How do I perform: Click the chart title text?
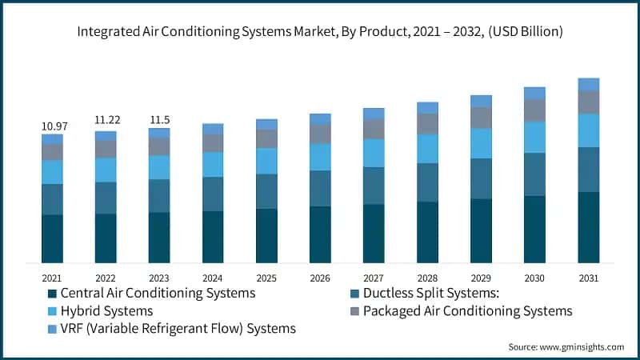pos(320,33)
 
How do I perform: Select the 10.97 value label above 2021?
pos(53,126)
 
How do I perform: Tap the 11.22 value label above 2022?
pos(106,120)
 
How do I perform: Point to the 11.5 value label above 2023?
pos(159,120)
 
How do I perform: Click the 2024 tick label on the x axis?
pos(213,278)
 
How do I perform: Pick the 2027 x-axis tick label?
pos(374,278)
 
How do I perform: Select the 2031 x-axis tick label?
pos(588,278)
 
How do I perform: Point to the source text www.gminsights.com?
pos(566,346)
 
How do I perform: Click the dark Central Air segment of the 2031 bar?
pos(589,227)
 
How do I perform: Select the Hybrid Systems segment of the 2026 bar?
pos(320,157)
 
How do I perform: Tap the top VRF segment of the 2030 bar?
pos(534,93)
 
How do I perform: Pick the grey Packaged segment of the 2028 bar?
pos(427,124)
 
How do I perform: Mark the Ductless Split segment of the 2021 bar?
pos(53,199)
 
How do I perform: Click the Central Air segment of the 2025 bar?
pos(266,236)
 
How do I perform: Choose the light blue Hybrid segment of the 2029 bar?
pos(481,143)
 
